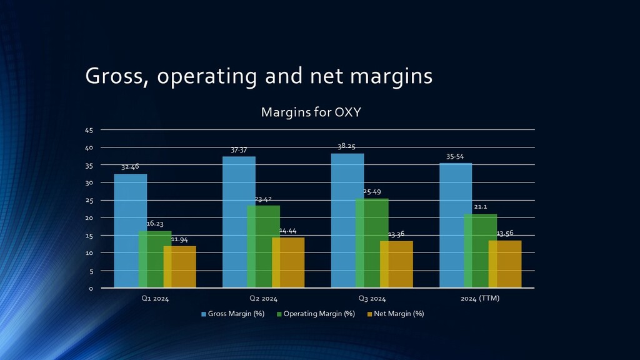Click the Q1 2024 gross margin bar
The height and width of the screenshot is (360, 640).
click(x=130, y=231)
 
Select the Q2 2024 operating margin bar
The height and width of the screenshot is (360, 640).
click(x=263, y=246)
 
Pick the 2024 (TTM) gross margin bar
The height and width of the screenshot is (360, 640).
click(x=456, y=225)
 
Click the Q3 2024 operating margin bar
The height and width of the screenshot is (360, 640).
click(x=372, y=243)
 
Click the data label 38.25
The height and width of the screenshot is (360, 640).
click(x=346, y=146)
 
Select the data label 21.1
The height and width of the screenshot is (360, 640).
click(x=481, y=207)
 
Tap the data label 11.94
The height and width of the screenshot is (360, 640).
click(x=180, y=239)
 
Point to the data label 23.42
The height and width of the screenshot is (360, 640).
click(x=263, y=199)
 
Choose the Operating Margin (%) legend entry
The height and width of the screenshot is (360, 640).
click(x=315, y=314)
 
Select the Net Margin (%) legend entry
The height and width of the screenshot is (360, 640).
click(x=395, y=314)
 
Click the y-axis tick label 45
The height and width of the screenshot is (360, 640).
click(x=88, y=130)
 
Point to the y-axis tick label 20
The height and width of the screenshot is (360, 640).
click(x=88, y=218)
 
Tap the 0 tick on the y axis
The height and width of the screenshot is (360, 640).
click(x=91, y=289)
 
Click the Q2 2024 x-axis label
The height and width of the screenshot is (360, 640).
click(x=263, y=299)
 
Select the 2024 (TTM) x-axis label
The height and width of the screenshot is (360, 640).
click(x=480, y=299)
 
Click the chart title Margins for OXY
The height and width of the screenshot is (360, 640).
click(x=311, y=112)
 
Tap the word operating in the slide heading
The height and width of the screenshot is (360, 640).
click(x=207, y=76)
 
